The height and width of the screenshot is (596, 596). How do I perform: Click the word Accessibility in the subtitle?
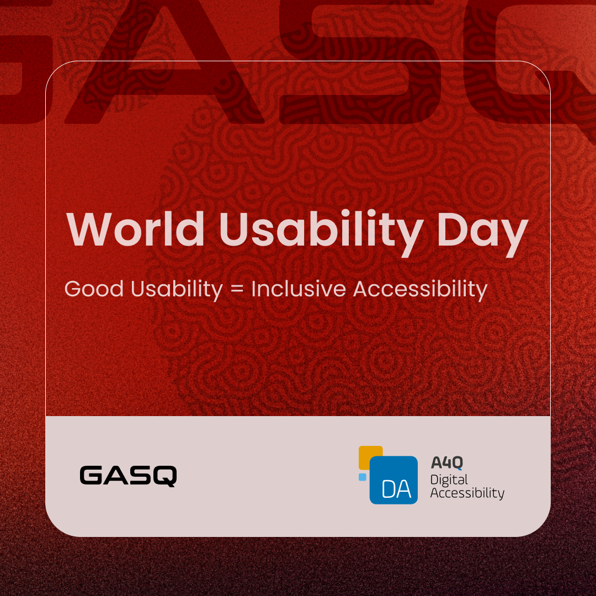click(x=420, y=289)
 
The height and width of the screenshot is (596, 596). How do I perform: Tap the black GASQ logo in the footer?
click(x=128, y=476)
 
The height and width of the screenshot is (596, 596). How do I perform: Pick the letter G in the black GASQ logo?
click(x=92, y=476)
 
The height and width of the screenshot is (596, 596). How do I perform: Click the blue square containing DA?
click(x=393, y=480)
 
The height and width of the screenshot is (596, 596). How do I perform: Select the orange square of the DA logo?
click(x=369, y=456)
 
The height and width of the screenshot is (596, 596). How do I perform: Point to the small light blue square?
click(x=363, y=477)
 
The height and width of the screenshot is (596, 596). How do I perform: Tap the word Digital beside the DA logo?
click(x=449, y=479)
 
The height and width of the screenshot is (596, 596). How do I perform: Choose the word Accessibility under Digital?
click(x=467, y=493)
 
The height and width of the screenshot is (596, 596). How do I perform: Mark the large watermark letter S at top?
click(x=353, y=61)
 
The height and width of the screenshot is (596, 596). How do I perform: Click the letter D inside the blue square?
click(x=386, y=489)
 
